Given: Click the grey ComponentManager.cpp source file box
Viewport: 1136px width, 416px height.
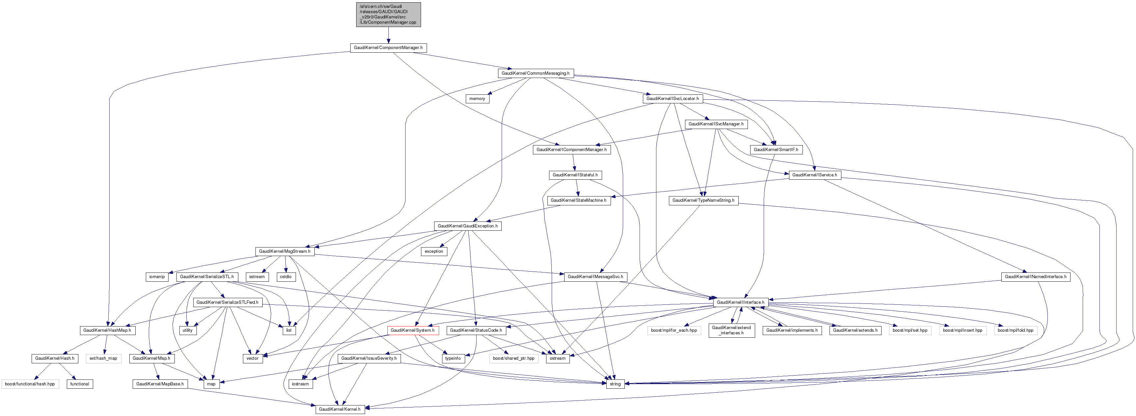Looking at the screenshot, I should (x=388, y=14).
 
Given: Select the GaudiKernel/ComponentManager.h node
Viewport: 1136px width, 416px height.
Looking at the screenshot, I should (x=388, y=48).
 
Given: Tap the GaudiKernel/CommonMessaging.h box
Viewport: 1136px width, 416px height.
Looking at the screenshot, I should (x=535, y=73).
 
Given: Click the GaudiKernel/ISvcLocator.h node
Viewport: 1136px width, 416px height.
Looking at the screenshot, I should (x=673, y=99).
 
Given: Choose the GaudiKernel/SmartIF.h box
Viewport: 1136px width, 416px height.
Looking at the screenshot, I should (x=776, y=150).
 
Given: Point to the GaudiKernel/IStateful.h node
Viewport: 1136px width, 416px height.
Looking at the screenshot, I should (x=575, y=175).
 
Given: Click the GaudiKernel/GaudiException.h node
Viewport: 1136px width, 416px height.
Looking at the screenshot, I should (x=467, y=226).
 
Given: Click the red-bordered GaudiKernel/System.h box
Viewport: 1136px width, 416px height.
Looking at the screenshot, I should (x=412, y=330).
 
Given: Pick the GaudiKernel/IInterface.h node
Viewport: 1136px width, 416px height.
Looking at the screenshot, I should (x=740, y=303).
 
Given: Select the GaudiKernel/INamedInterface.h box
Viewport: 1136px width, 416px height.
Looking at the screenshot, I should (x=1035, y=277).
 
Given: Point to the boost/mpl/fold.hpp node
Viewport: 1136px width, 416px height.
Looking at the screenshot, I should (x=1015, y=330).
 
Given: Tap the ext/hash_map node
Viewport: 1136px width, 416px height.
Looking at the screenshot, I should (x=103, y=359).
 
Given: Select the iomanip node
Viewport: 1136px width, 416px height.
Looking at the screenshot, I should (x=157, y=277).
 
